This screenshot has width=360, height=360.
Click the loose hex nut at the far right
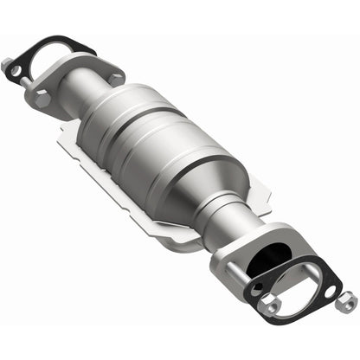[348, 303]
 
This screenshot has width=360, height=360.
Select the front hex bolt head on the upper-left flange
[42, 99]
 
